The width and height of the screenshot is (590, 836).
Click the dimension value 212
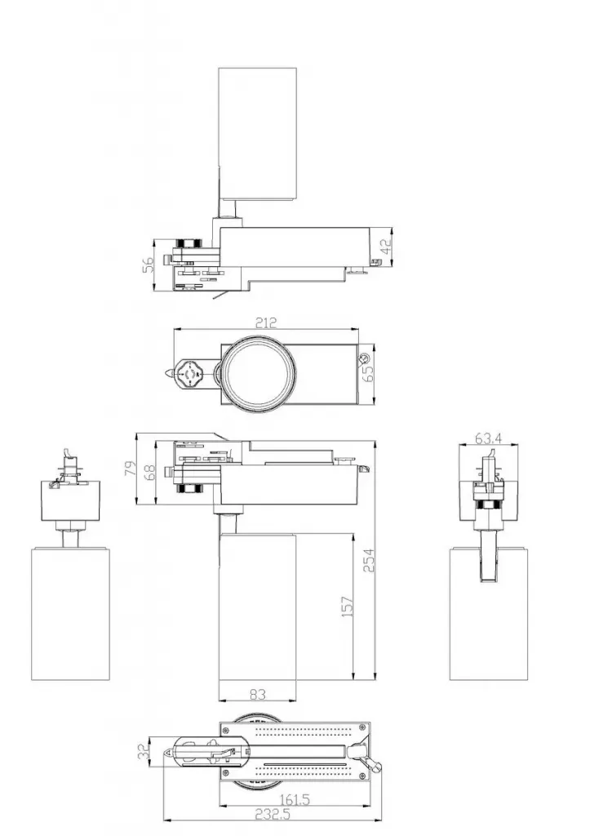click(265, 323)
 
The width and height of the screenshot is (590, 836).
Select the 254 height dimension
click(368, 559)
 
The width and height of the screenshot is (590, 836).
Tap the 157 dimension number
click(347, 606)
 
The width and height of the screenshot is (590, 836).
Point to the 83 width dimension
click(258, 695)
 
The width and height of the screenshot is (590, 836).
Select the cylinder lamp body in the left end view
click(70, 612)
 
